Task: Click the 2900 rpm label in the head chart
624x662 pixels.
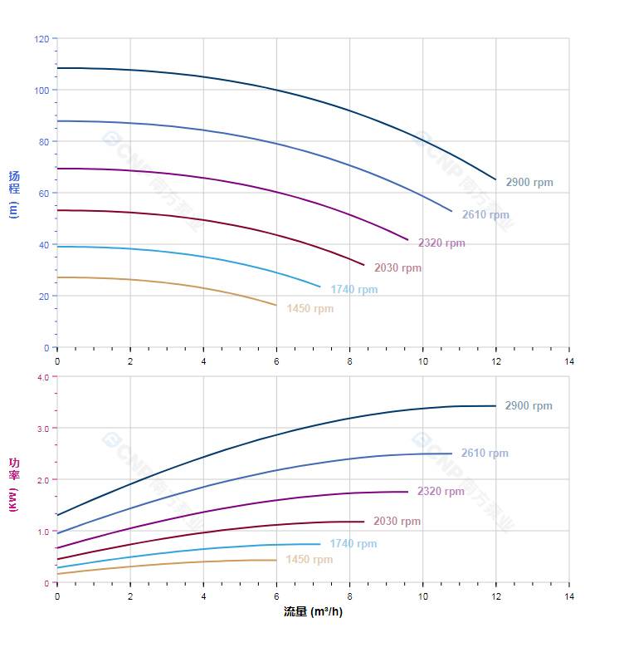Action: point(529,183)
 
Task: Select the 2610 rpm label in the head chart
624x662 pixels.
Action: point(485,215)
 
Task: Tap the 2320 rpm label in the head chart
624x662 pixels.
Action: point(441,243)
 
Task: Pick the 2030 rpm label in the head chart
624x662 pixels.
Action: point(397,268)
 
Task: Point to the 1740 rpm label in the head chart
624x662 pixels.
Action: point(353,290)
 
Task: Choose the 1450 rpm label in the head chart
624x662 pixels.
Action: point(310,309)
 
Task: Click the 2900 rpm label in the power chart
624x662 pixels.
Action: point(529,406)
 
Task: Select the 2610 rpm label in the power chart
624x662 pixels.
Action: point(485,454)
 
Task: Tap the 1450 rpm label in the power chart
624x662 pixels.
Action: point(309,560)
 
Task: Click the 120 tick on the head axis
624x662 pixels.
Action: point(41,39)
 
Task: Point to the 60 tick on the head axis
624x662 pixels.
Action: point(44,194)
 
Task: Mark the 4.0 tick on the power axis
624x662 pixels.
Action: point(43,377)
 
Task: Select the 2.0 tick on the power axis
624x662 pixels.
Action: point(43,480)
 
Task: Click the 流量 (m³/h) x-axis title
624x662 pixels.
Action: point(313,612)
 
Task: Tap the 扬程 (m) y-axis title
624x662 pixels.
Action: point(13,193)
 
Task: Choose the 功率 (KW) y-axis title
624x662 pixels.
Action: point(13,483)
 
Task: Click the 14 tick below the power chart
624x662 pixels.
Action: point(569,596)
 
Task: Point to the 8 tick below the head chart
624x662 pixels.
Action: point(349,361)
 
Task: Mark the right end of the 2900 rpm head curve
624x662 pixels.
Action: point(496,179)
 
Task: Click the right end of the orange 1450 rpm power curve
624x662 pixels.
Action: point(276,560)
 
